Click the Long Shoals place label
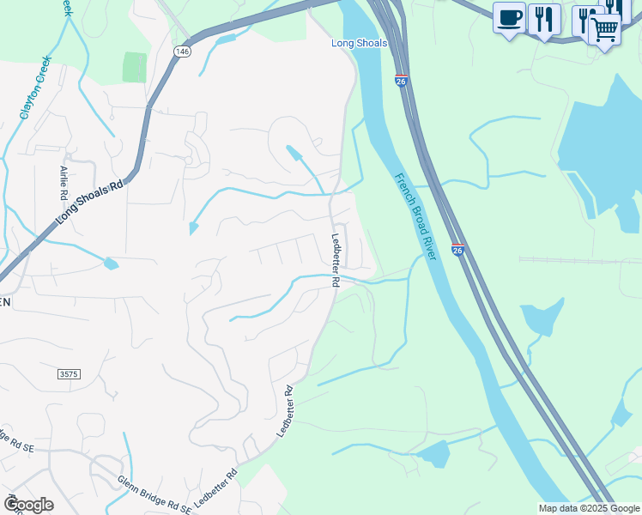click(x=360, y=43)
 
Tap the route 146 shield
click(x=181, y=51)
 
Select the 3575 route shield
click(x=70, y=375)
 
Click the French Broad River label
click(x=416, y=217)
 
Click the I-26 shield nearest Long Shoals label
click(x=401, y=81)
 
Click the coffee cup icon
click(x=509, y=18)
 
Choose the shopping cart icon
click(x=605, y=30)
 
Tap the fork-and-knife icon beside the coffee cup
click(x=543, y=18)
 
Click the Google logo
click(x=27, y=504)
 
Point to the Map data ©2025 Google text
click(x=590, y=508)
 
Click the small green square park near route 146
click(x=135, y=67)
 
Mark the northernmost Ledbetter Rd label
click(x=336, y=260)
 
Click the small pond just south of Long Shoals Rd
click(x=111, y=264)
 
